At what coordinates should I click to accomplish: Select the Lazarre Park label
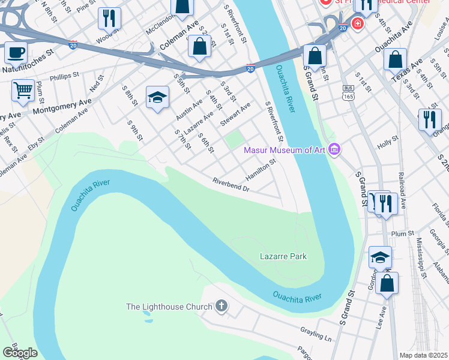click(x=283, y=256)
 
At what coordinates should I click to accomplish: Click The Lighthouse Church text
click(x=169, y=307)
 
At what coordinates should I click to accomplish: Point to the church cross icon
click(x=221, y=307)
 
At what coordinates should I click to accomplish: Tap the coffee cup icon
click(x=16, y=52)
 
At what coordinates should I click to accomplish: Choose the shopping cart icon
click(x=23, y=91)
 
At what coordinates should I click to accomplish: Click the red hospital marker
click(x=358, y=24)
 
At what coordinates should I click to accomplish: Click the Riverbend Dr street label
click(x=231, y=185)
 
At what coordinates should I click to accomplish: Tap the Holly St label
click(x=388, y=142)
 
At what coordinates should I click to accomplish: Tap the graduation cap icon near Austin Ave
click(x=157, y=97)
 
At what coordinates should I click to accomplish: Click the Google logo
click(x=20, y=353)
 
